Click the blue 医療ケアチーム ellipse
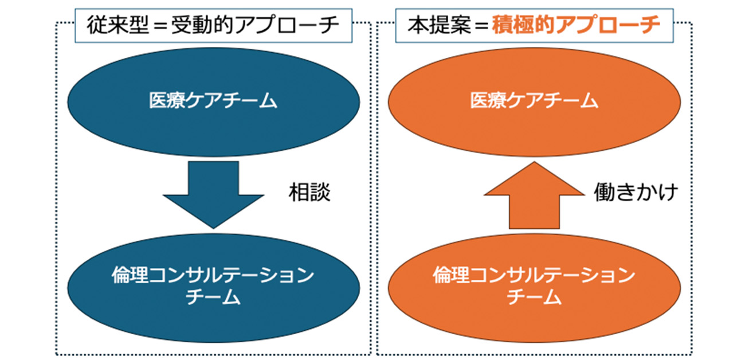tap(213, 102)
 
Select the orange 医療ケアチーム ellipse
tap(534, 102)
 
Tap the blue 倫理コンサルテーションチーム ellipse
tap(213, 285)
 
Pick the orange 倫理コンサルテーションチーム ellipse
tap(534, 285)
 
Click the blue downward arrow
tap(213, 192)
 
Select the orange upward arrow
tap(534, 195)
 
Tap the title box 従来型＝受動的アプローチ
tap(213, 26)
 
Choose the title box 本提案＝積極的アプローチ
tap(534, 26)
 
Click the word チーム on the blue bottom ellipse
tap(213, 298)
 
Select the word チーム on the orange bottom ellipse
tap(534, 298)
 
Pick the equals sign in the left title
tap(155, 27)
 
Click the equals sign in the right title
tap(476, 27)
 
